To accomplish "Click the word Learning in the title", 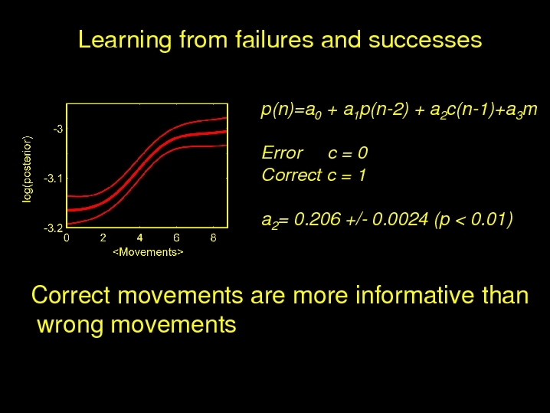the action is click(125, 40).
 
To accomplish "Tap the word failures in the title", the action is click(274, 39).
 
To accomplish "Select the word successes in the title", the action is click(425, 40).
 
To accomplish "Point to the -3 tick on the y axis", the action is click(58, 129).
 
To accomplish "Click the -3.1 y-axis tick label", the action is click(54, 179).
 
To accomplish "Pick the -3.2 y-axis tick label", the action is click(54, 228).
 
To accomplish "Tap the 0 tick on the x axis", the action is click(67, 238).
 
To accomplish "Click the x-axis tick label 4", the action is click(139, 238).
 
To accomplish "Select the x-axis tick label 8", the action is click(213, 238).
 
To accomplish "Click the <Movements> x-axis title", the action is click(148, 252).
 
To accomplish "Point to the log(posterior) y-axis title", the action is click(27, 169).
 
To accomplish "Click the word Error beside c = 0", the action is click(283, 153).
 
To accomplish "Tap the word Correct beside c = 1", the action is click(292, 175).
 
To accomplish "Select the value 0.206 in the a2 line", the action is click(317, 219).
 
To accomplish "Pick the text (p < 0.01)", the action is click(473, 220).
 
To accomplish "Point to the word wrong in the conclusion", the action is click(70, 325).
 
